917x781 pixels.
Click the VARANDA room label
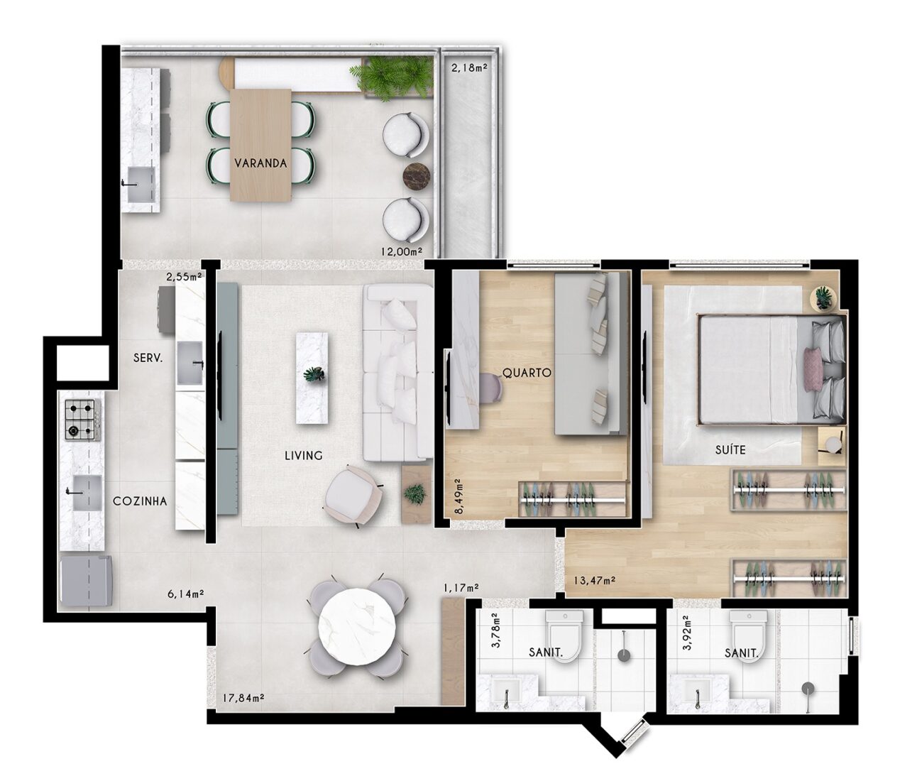click(261, 163)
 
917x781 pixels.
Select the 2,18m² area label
click(470, 68)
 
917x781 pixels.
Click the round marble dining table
click(358, 627)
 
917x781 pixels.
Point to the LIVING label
click(304, 455)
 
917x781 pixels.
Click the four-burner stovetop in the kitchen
click(83, 420)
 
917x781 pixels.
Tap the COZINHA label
click(140, 501)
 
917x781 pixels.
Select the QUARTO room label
click(527, 372)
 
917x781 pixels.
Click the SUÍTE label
click(730, 450)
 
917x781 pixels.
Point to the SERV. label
click(148, 358)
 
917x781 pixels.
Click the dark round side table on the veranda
click(417, 177)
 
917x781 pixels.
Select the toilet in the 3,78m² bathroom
click(564, 636)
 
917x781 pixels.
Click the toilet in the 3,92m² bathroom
click(748, 636)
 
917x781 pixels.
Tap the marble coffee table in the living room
click(313, 378)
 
